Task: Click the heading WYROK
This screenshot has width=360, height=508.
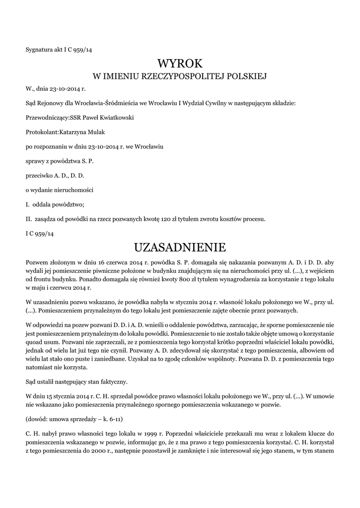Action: click(180, 63)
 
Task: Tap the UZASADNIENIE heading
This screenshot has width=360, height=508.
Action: click(180, 247)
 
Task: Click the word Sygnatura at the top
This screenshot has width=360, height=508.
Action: click(38, 49)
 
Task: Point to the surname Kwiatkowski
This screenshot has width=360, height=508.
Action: click(117, 118)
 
